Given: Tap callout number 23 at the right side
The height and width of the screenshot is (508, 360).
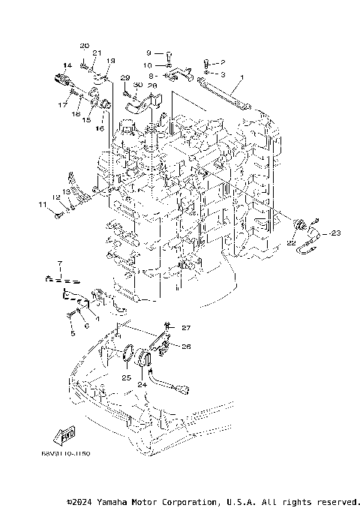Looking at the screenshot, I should click(x=334, y=233).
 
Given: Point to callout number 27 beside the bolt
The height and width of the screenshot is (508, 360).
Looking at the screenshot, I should click(x=187, y=328).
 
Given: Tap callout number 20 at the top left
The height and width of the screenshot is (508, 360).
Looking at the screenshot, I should click(x=84, y=46).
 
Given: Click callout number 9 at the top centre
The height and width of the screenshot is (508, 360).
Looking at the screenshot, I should click(x=148, y=53).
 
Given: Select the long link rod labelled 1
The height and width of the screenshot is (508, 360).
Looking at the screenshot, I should click(x=224, y=91).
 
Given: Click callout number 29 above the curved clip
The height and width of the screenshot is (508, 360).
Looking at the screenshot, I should click(x=125, y=78).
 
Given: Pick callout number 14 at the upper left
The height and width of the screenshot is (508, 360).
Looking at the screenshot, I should click(x=67, y=65).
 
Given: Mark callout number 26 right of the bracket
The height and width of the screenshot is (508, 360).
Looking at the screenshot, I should click(x=187, y=347).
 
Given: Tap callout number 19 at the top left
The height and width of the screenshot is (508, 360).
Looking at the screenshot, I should click(x=111, y=60).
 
